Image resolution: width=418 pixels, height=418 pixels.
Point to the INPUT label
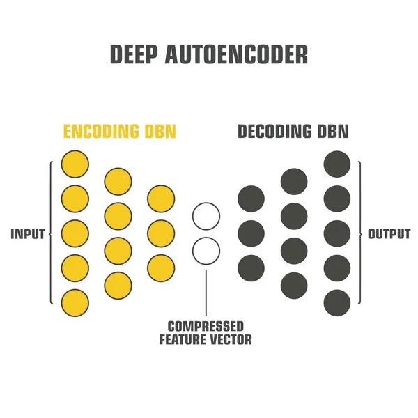click(27, 234)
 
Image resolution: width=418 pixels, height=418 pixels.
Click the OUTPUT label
click(389, 234)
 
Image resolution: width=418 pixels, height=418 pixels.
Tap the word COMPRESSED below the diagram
click(206, 326)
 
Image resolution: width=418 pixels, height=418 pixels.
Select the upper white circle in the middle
click(206, 216)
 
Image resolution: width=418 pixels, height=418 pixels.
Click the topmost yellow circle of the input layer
click(75, 164)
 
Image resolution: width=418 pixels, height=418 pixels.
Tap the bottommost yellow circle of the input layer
click(75, 302)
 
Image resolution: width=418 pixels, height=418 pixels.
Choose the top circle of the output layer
click(337, 164)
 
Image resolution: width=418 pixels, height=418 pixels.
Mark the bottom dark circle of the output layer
click(337, 302)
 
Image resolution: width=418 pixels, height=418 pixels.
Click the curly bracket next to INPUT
click(50, 233)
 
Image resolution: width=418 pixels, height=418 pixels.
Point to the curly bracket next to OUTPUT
click(361, 233)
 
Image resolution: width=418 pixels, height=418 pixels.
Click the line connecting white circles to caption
click(206, 293)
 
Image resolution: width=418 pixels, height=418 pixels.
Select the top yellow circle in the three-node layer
click(161, 199)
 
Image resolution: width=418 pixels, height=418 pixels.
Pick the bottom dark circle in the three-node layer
click(251, 268)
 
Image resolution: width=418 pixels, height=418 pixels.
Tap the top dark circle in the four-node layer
click(294, 182)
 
